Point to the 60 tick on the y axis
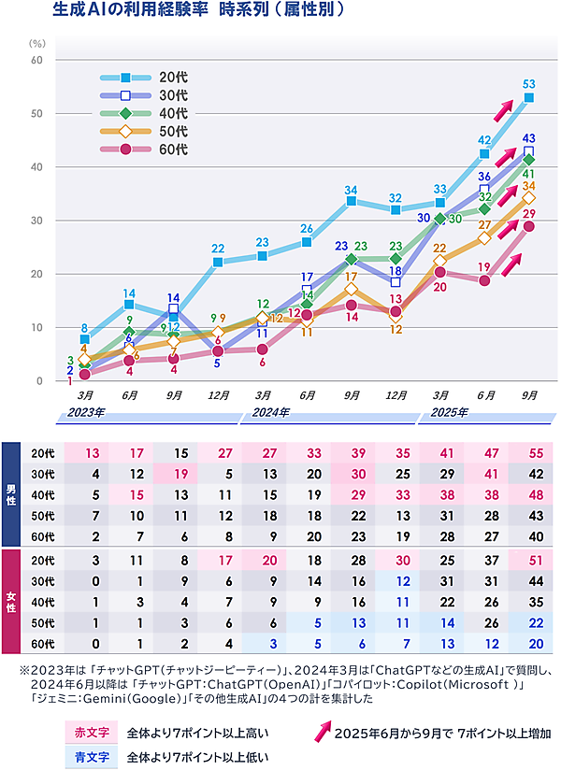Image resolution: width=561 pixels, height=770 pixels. tap(37, 60)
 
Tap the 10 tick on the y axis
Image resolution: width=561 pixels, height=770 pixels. tap(37, 328)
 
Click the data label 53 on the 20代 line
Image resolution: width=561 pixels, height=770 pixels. tap(529, 84)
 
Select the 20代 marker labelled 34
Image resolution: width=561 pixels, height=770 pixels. tap(351, 201)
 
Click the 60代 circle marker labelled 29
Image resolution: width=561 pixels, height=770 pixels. tap(529, 226)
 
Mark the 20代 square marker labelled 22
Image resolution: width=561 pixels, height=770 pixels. tap(218, 263)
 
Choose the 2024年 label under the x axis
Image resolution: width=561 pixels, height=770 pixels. tap(270, 411)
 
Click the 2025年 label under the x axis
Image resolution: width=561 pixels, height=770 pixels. tap(448, 411)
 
